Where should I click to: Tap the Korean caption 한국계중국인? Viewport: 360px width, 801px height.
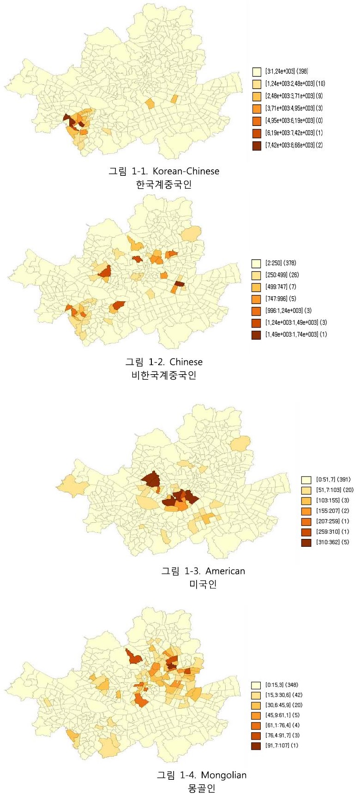[x=164, y=185]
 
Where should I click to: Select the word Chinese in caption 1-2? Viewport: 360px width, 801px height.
[x=186, y=362]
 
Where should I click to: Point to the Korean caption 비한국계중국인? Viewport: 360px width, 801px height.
[x=164, y=375]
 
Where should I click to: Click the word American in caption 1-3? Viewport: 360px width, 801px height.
[x=225, y=571]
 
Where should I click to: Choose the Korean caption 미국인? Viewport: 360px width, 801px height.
[x=203, y=584]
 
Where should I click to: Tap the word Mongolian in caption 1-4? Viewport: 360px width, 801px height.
[x=224, y=775]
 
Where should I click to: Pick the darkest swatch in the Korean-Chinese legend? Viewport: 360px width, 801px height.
[x=257, y=145]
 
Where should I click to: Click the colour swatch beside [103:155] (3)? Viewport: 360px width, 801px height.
[x=306, y=501]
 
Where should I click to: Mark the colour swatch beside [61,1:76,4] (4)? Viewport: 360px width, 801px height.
[x=256, y=725]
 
